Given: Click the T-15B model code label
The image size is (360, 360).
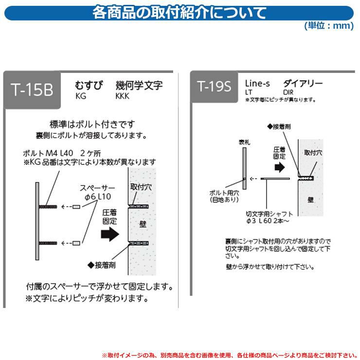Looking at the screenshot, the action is (x=32, y=90).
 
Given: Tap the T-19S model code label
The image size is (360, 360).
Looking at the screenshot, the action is (x=214, y=87).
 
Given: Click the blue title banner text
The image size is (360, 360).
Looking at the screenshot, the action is (x=179, y=13).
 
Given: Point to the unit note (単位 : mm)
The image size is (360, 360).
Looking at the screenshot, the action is (x=329, y=25).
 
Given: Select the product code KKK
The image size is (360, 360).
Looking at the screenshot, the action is (x=122, y=96).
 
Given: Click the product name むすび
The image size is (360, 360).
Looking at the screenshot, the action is (x=89, y=85).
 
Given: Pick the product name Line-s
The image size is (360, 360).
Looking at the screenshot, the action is (x=257, y=83).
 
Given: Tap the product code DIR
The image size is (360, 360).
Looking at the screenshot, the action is (x=288, y=92).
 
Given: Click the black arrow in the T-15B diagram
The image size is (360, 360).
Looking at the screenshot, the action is (x=110, y=234).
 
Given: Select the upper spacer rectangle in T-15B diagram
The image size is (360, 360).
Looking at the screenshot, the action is (x=76, y=207).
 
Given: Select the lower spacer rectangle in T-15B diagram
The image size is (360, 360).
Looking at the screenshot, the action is (x=76, y=243).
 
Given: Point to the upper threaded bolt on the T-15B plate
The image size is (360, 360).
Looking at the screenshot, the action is (x=48, y=207).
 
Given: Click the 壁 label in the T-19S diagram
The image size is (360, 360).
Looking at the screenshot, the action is (x=310, y=200).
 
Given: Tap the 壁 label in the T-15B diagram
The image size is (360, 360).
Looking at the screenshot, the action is (x=143, y=224).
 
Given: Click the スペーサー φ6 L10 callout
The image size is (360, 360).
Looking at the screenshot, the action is (x=97, y=192).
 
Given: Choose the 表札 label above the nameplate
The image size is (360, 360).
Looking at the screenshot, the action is (x=244, y=143).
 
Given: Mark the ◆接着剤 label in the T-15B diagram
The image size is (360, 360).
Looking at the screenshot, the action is (x=102, y=265).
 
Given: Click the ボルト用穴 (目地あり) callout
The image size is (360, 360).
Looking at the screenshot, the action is (x=224, y=197).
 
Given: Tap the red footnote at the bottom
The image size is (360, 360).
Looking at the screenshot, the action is (x=230, y=356).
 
